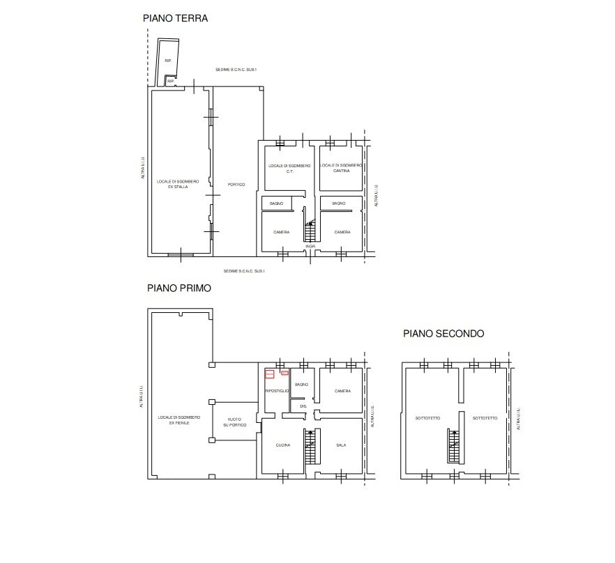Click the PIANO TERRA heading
click(175, 19)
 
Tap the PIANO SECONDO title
click(443, 334)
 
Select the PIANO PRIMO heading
click(179, 287)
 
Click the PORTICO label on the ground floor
click(236, 184)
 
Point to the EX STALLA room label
click(178, 187)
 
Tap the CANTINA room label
click(341, 171)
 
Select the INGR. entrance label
click(310, 247)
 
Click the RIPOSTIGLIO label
click(277, 392)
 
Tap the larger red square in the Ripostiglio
click(270, 374)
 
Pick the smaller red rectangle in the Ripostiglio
click(284, 373)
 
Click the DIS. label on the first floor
click(303, 406)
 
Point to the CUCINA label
click(282, 445)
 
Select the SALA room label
click(341, 445)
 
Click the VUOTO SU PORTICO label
click(236, 422)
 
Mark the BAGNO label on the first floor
click(301, 385)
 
